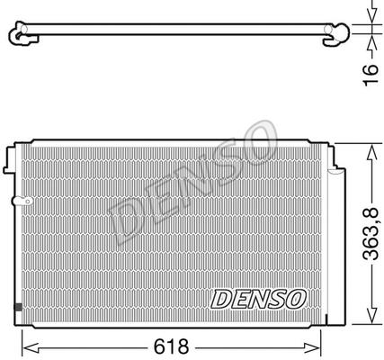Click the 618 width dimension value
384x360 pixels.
coord(171,346)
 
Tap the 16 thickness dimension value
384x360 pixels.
coord(371,75)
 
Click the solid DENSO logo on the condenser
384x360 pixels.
coord(258,299)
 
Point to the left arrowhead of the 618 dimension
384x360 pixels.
coord(31,347)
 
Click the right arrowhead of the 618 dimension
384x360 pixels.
coord(312,347)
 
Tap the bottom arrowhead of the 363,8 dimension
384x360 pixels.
coord(371,315)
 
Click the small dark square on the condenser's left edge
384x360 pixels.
coord(18,307)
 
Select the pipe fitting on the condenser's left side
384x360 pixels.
coord(22,201)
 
